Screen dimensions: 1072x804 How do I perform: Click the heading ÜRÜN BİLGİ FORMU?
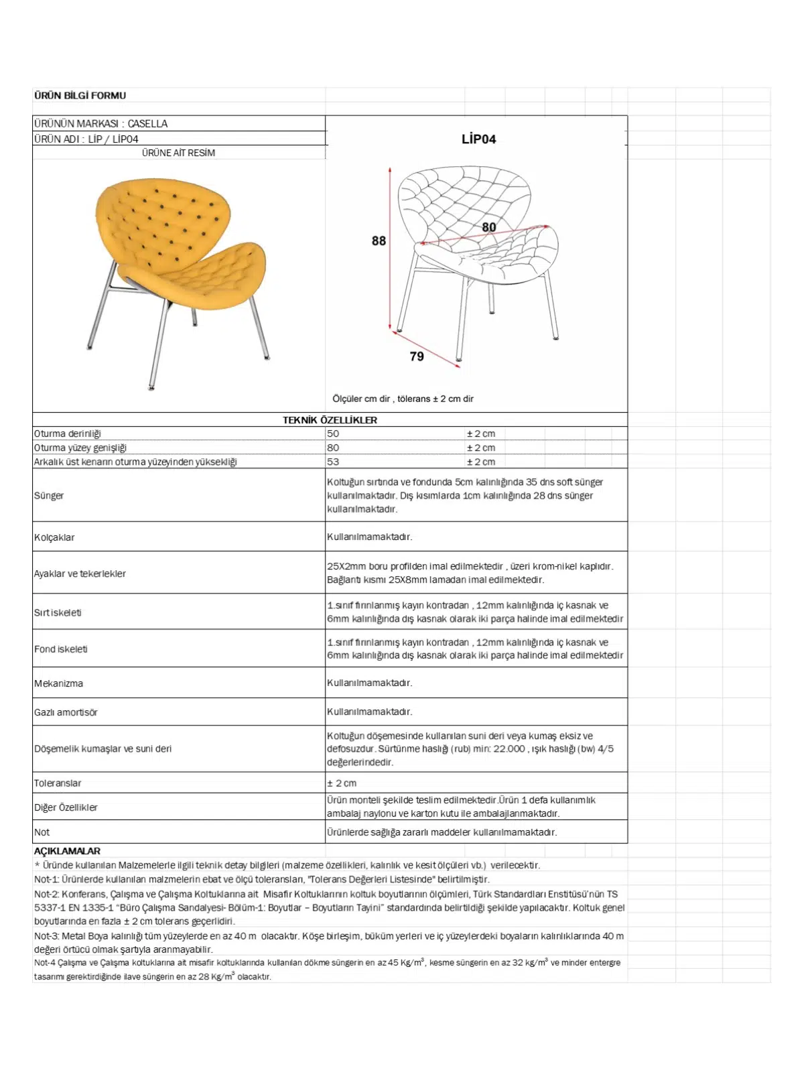(x=80, y=96)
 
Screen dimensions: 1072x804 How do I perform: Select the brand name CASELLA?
(x=147, y=124)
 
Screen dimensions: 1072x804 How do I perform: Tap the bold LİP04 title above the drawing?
(x=478, y=139)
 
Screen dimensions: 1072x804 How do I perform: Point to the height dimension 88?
(x=379, y=241)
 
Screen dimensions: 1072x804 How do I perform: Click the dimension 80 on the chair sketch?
(x=489, y=227)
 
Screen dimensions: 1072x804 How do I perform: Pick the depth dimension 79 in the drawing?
(x=417, y=356)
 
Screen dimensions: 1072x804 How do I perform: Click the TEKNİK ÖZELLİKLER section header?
(x=330, y=420)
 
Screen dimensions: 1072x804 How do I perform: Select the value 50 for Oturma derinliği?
(x=333, y=433)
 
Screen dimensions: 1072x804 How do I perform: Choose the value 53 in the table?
(x=333, y=462)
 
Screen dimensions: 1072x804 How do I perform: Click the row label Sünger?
(x=49, y=496)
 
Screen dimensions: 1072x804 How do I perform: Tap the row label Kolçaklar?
(x=54, y=537)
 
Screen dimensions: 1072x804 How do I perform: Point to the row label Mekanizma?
(x=58, y=683)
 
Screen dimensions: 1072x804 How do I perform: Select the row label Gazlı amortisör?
(x=66, y=712)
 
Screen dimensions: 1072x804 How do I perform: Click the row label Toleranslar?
(x=58, y=783)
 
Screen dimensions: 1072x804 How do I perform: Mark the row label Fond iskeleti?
(x=61, y=649)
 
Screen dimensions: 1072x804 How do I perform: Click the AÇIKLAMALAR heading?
(x=67, y=851)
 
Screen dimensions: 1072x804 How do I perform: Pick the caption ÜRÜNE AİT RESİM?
(x=178, y=153)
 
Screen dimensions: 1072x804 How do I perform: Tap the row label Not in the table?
(x=42, y=832)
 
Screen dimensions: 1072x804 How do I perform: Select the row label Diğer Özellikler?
(x=66, y=807)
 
